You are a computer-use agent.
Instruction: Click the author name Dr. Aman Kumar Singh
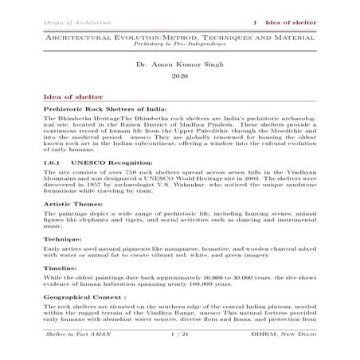[x=179, y=61]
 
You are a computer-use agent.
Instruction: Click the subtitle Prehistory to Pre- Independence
[x=179, y=44]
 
